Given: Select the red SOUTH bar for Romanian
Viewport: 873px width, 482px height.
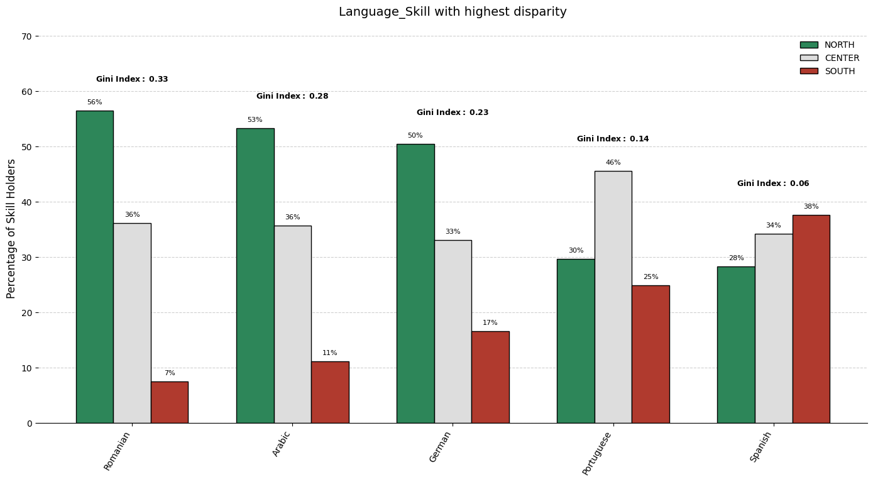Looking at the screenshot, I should tap(169, 402).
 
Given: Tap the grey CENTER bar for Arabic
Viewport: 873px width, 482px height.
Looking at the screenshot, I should tap(292, 324).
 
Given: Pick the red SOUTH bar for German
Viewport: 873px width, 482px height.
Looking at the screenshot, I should tap(490, 377).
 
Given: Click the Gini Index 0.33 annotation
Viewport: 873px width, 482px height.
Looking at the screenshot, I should tap(132, 79).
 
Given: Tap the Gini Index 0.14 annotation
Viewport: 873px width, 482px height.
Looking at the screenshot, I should tap(613, 139).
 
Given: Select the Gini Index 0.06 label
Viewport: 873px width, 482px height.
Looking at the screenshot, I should tap(773, 183).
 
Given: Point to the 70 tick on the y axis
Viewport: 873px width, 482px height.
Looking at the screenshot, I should tap(26, 36).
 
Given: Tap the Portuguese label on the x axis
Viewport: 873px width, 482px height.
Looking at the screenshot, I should tap(596, 453).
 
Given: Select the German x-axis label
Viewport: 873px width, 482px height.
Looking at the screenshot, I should tap(440, 447).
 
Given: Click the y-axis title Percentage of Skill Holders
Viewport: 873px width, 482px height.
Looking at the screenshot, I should tap(11, 229).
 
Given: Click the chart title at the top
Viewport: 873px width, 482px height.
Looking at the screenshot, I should tap(453, 12).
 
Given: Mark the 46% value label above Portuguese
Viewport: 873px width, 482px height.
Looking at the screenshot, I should tap(613, 163).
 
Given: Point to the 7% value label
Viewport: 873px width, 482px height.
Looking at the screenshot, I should tap(170, 373).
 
